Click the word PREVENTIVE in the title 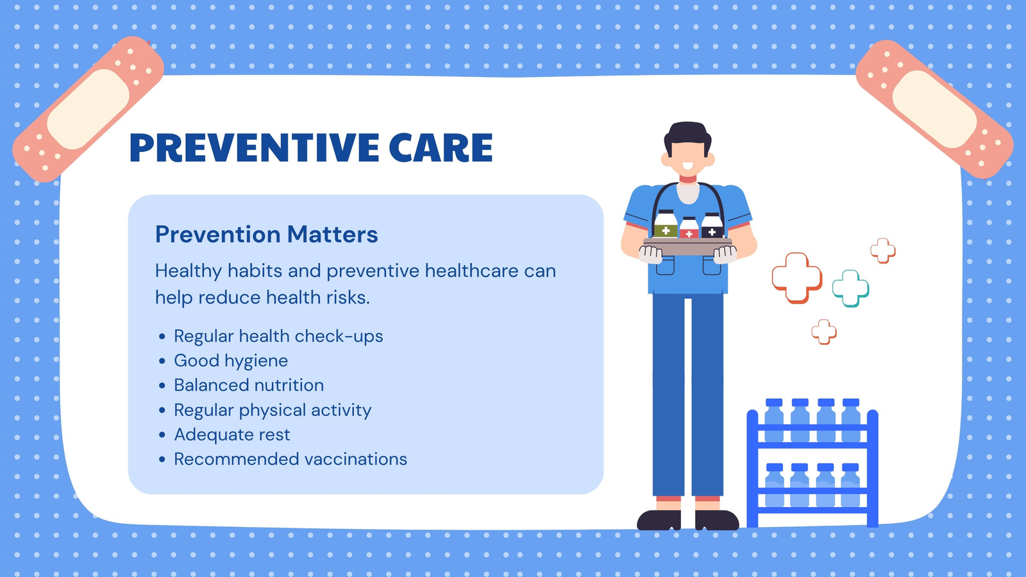tap(254, 147)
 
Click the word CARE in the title tap(441, 147)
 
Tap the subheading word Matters tap(333, 234)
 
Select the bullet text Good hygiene tap(231, 361)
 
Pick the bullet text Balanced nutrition tap(249, 385)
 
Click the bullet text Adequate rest tap(231, 435)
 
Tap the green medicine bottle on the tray tap(666, 224)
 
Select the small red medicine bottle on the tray tap(689, 228)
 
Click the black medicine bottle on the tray tap(712, 225)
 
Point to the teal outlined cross tap(850, 288)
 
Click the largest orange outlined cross tap(797, 278)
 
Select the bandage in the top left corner tap(88, 109)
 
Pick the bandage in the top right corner tap(934, 109)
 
